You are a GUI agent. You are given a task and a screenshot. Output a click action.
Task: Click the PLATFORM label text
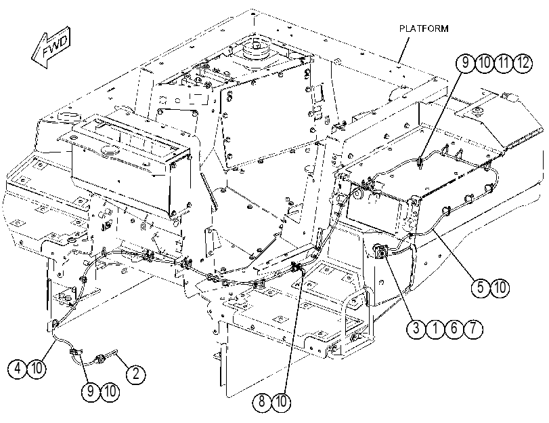point(424,28)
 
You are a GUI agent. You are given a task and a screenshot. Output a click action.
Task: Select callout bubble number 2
point(136,374)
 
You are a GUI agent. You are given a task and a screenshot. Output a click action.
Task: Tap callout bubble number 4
point(18,369)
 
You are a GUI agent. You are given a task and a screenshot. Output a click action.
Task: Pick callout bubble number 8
point(262,402)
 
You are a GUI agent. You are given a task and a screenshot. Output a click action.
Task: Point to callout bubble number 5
point(481,288)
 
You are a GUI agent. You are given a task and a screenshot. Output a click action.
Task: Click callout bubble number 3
point(416,329)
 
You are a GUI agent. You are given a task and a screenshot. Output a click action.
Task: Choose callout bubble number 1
point(435,329)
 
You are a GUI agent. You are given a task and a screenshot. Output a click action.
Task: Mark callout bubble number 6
point(454,329)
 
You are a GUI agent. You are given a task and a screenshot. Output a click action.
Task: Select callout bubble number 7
point(473,329)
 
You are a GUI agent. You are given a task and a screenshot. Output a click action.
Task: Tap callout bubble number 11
point(504,63)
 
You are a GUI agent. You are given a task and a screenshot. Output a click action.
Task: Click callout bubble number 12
point(523,63)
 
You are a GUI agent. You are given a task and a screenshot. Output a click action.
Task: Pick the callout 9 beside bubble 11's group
point(465,63)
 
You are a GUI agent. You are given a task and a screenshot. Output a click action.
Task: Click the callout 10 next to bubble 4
point(37,369)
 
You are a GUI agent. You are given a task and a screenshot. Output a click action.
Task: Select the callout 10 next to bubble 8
point(281,402)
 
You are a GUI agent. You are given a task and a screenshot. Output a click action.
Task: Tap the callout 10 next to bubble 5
point(500,288)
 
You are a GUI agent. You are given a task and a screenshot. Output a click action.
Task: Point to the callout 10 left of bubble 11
point(484,63)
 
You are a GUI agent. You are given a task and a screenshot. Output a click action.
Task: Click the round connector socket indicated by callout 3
point(380,251)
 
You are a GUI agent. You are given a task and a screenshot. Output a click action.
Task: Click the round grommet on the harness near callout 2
point(100,358)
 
